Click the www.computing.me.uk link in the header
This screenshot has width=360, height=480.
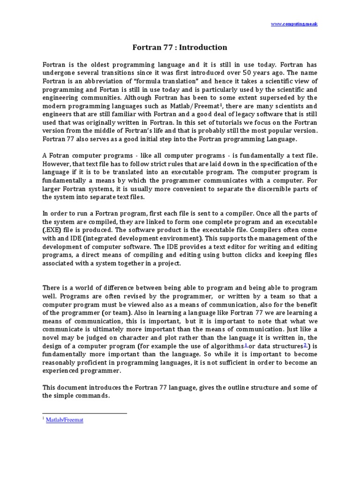point(294,23)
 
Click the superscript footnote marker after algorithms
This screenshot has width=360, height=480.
point(247,345)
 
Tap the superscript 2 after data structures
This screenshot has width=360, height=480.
point(305,345)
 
